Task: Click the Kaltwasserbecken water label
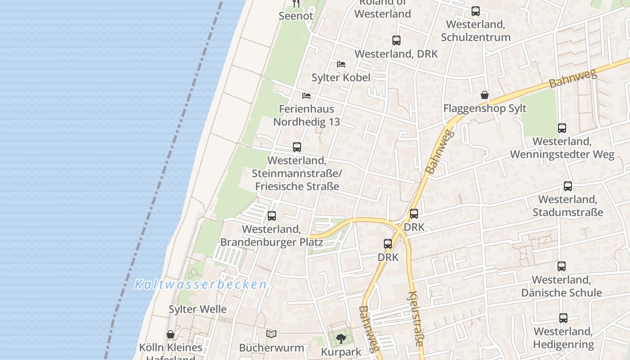pos(201,284)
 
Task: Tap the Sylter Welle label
pos(198,309)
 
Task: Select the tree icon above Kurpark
pos(341,338)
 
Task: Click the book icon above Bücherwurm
pos(271,334)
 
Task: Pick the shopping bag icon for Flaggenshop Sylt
pos(485,95)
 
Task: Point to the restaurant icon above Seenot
pos(296,4)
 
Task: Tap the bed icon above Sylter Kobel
pos(341,64)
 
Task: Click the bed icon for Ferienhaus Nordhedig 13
pos(306,95)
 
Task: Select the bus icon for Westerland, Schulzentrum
pos(476,11)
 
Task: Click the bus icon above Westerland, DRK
pos(396,40)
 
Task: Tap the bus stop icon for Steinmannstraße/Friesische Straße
pos(297,147)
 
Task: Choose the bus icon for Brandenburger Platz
pos(272,216)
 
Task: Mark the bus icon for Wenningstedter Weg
pos(562,128)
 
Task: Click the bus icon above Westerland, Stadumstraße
pos(568,186)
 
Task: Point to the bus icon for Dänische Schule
pos(562,266)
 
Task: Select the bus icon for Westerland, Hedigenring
pos(563,318)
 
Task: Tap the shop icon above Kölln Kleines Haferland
pos(171,334)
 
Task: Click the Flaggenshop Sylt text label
pos(485,108)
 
